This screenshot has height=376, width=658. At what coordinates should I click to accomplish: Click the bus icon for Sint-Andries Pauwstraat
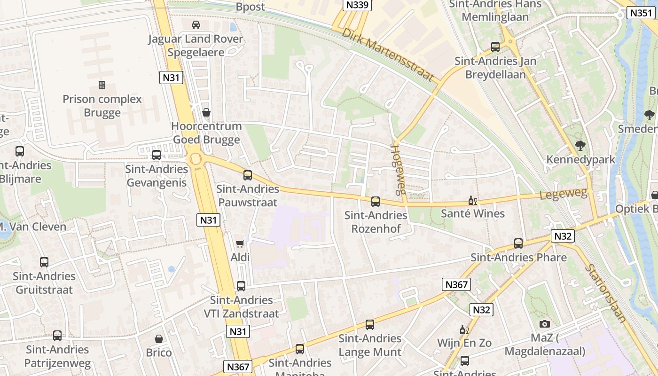[x=248, y=175]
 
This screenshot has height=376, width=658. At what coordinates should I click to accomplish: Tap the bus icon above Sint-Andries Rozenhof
[x=375, y=202]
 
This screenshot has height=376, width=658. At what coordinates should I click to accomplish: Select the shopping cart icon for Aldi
[x=240, y=243]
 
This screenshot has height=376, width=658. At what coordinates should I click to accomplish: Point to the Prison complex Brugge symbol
[x=102, y=85]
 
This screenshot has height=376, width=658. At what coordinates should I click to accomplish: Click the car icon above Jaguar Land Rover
[x=196, y=24]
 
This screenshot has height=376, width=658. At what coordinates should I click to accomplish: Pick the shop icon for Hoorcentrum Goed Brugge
[x=206, y=112]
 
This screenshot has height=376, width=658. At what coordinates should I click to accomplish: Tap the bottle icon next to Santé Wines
[x=472, y=201]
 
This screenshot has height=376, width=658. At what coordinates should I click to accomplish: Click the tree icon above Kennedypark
[x=580, y=146]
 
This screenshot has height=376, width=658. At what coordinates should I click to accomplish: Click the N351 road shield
[x=641, y=13]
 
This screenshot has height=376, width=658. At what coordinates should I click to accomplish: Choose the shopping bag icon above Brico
[x=159, y=339]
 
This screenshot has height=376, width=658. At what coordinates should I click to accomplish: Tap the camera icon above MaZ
[x=545, y=324]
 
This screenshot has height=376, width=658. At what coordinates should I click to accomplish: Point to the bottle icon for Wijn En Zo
[x=464, y=330]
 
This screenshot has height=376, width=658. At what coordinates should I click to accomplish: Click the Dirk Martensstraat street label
[x=388, y=55]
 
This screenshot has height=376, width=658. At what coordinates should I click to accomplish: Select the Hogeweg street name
[x=398, y=169]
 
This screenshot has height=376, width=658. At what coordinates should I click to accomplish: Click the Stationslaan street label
[x=606, y=293]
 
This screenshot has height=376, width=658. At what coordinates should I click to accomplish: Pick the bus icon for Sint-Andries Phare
[x=518, y=243]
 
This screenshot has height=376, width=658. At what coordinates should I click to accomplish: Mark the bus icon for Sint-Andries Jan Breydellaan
[x=495, y=47]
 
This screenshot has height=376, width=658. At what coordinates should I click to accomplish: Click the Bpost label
[x=250, y=7]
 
